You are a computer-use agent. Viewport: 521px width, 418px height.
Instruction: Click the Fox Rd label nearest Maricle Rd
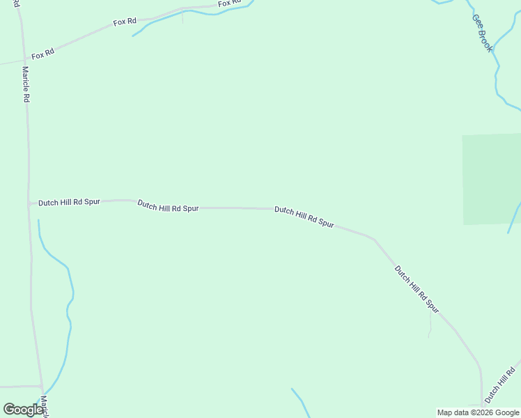[42, 54]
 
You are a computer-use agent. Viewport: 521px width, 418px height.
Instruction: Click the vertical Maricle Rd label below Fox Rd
[25, 84]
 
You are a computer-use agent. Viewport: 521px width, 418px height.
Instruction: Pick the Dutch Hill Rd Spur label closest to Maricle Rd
[69, 202]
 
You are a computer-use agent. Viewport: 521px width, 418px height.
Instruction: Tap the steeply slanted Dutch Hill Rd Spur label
[417, 287]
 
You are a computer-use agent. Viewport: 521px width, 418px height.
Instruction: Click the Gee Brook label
[482, 33]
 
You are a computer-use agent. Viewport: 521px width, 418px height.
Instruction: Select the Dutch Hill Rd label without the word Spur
[501, 384]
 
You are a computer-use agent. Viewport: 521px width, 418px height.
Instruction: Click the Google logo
[23, 410]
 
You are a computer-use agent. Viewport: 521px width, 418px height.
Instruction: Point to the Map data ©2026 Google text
[478, 412]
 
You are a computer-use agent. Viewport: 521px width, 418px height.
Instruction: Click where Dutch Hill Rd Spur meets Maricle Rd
[29, 203]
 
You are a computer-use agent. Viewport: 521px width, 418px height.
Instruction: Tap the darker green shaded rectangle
[492, 179]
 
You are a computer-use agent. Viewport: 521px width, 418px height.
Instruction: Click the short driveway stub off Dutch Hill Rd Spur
[430, 325]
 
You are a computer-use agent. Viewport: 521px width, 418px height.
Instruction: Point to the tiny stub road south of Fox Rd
[182, 17]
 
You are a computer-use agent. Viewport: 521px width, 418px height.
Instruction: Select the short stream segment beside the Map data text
[300, 401]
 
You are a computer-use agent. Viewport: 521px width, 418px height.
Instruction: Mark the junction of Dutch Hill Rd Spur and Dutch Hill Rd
[482, 403]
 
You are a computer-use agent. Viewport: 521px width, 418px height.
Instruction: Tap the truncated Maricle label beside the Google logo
[44, 407]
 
